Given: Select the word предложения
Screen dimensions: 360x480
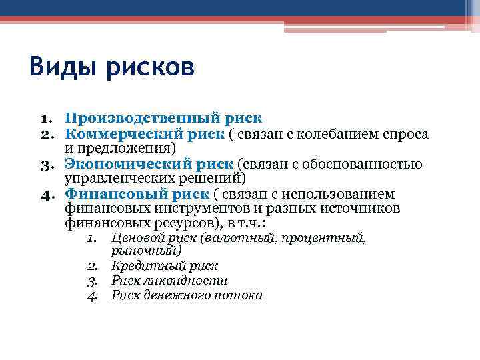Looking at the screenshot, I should [133, 148].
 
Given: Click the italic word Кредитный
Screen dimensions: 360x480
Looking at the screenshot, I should [139, 266].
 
